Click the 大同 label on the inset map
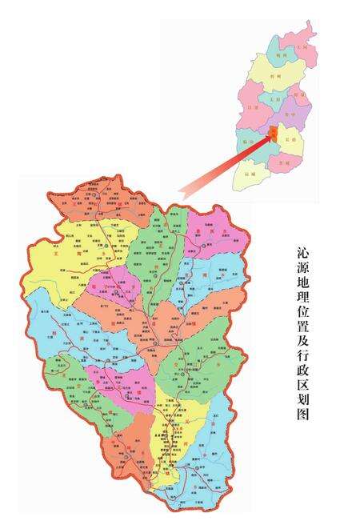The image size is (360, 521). [x=302, y=48]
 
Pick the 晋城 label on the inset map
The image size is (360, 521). [x=280, y=162]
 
